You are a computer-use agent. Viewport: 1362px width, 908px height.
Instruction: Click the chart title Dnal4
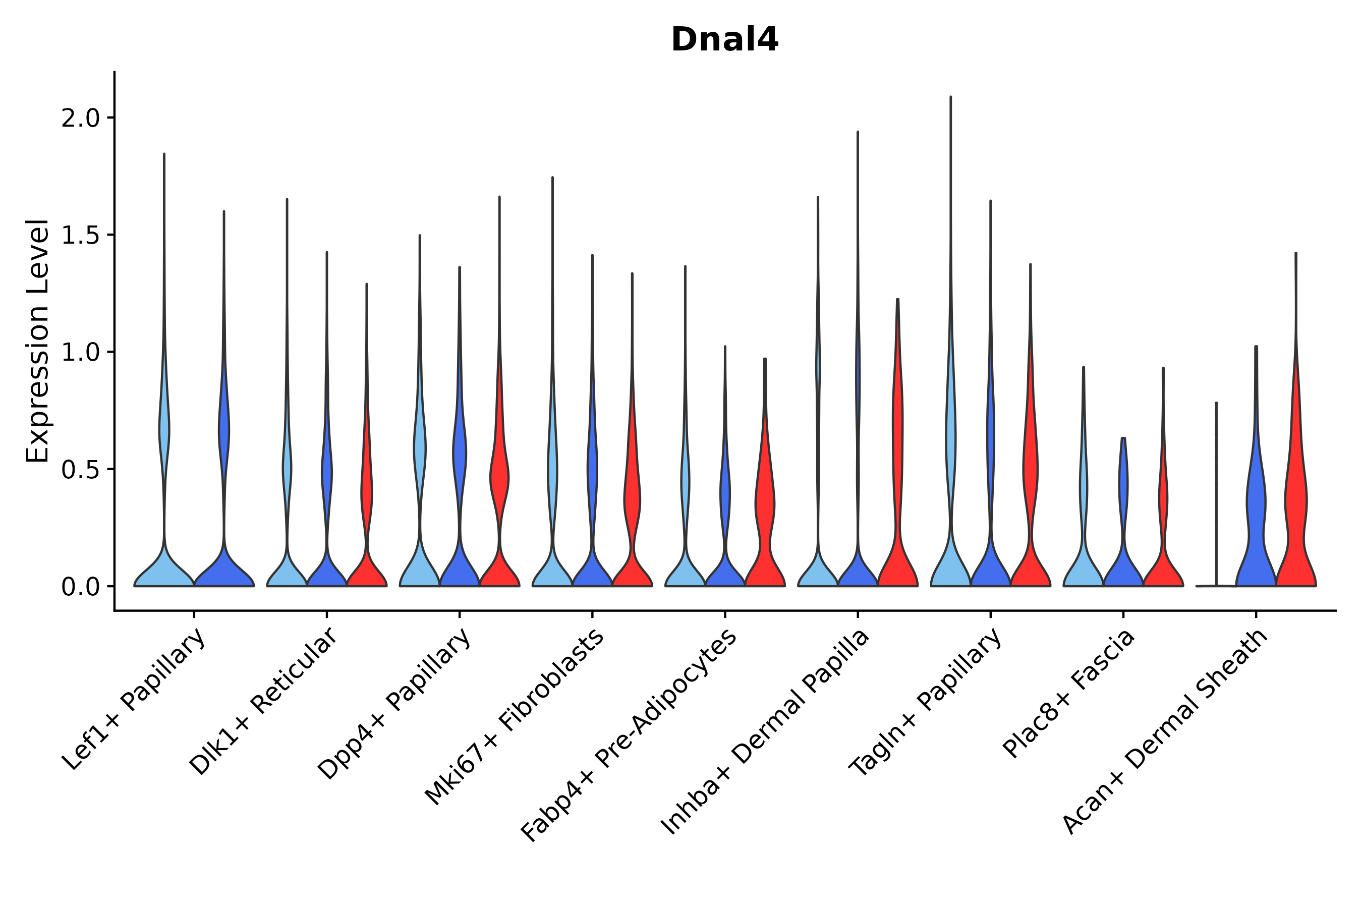pos(724,40)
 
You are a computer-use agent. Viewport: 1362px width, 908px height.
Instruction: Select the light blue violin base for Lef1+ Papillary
pos(164,573)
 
